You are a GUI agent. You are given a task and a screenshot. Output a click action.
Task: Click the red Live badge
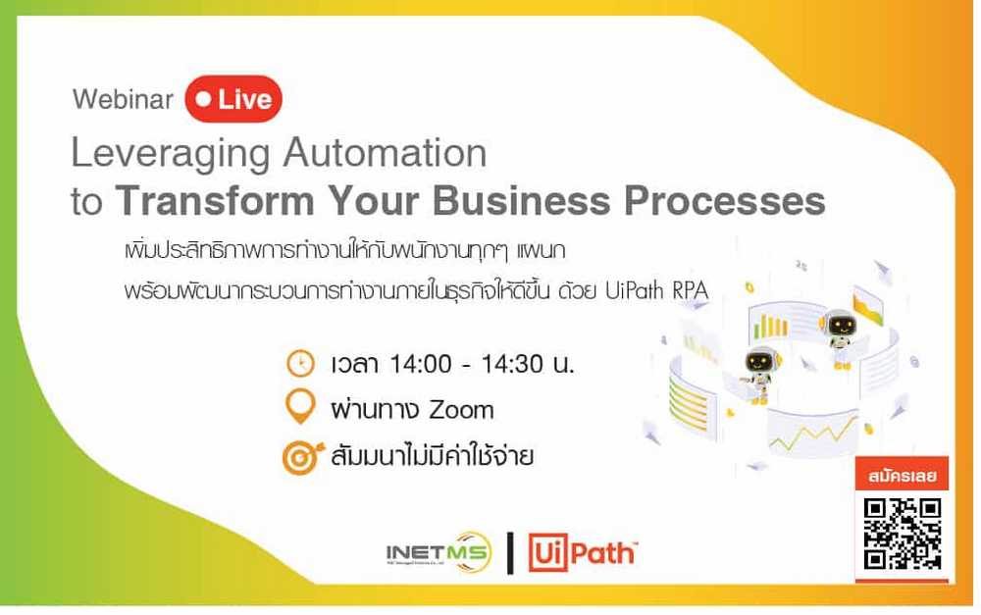click(233, 99)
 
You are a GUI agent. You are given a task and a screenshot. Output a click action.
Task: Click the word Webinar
click(123, 99)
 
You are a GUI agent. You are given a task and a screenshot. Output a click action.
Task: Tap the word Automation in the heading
click(385, 152)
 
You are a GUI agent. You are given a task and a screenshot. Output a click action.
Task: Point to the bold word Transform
click(215, 200)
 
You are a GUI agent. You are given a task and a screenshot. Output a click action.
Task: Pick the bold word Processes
click(725, 200)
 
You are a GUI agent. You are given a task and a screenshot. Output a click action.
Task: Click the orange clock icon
click(300, 364)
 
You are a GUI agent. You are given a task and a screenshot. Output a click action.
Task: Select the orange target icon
click(302, 457)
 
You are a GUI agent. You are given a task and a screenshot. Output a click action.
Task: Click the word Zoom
click(462, 410)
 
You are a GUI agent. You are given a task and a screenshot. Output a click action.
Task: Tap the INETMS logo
click(439, 552)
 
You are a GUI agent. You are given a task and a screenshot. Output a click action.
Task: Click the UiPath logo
click(583, 552)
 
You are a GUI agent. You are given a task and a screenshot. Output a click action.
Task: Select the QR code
click(903, 534)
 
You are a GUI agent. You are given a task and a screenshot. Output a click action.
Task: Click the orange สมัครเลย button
click(903, 476)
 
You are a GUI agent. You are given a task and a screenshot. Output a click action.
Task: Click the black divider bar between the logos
click(510, 552)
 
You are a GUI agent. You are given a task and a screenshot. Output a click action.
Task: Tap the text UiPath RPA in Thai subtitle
click(656, 290)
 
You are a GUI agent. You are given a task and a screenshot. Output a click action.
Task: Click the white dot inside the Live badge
click(203, 99)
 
